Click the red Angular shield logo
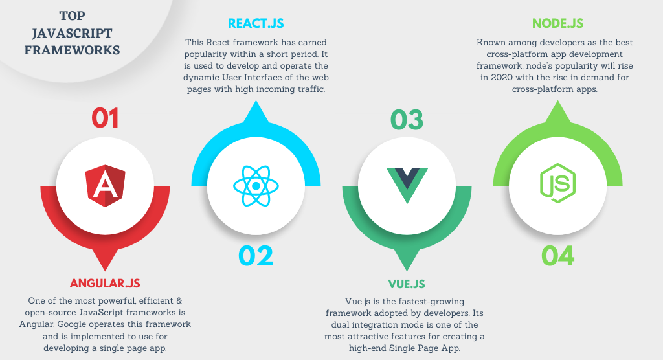point(105,186)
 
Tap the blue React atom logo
point(256,186)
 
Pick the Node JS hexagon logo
point(557,183)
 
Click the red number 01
point(105,118)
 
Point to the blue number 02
point(256,256)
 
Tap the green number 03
point(407,120)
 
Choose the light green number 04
point(557,256)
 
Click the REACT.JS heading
point(256,23)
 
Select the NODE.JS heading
point(557,23)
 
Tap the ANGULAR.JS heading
point(105,284)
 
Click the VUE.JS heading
point(407,284)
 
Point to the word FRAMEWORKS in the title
point(72,50)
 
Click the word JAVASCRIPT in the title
point(72,33)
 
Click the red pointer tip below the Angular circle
point(105,270)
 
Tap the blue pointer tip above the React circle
point(256,101)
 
